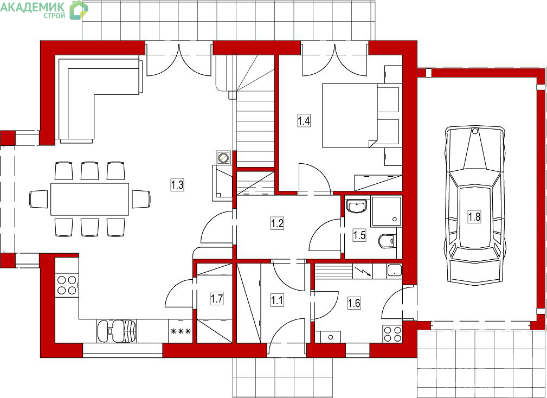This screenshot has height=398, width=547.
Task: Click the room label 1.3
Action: point(177,184)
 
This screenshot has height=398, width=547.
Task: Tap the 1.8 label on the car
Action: point(474,216)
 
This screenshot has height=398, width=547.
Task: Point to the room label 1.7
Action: point(217,299)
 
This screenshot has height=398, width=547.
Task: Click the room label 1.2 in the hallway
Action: point(277,223)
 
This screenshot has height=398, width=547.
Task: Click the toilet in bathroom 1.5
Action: point(387,240)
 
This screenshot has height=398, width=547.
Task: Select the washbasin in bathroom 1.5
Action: point(357,206)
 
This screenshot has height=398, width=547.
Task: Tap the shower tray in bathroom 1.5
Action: point(387,211)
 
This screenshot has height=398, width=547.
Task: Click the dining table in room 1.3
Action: point(89,199)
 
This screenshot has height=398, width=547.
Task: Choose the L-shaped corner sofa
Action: point(99,99)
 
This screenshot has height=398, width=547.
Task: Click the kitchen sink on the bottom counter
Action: point(117,331)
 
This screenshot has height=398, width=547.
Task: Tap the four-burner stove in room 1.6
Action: point(392,334)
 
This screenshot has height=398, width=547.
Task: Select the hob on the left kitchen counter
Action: point(67,285)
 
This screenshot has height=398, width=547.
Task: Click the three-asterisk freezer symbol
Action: point(181,331)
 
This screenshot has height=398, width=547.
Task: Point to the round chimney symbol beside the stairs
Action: point(223,158)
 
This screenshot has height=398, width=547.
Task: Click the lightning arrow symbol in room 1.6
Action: point(363,271)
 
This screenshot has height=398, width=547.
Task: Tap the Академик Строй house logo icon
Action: point(79,10)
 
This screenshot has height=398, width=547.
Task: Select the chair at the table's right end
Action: point(141,199)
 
